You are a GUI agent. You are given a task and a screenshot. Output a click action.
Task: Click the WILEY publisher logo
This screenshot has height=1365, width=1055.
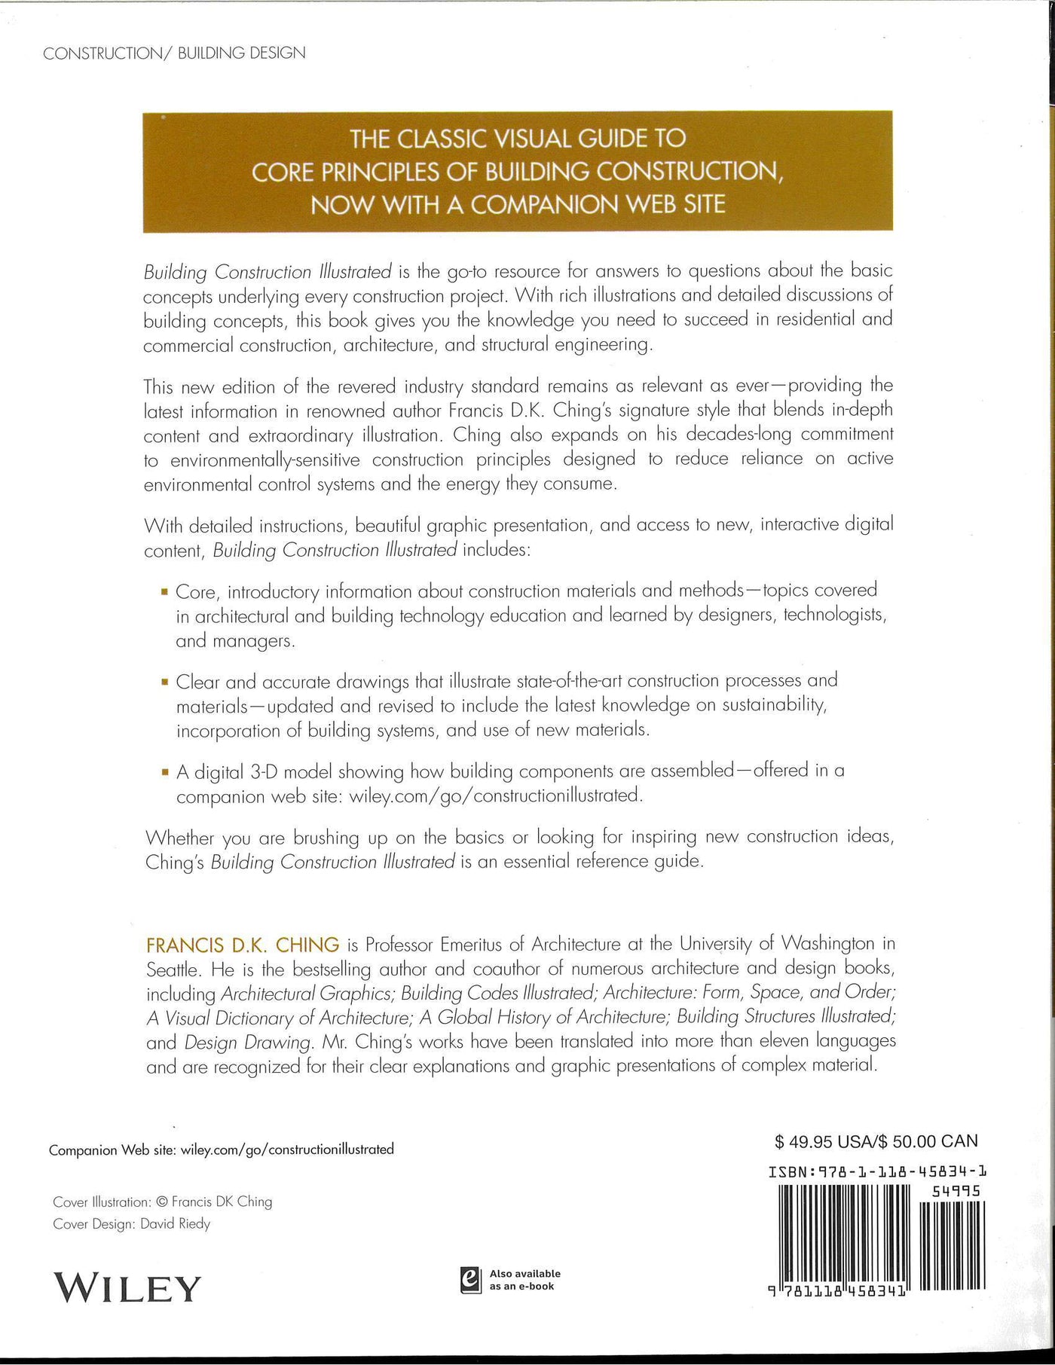tap(127, 1287)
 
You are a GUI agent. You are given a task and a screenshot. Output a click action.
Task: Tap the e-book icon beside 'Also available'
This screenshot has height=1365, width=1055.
tap(471, 1280)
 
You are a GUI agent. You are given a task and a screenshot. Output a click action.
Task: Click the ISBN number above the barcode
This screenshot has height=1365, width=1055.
tap(878, 1171)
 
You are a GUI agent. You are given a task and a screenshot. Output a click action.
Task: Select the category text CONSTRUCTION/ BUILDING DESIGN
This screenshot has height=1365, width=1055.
tap(174, 53)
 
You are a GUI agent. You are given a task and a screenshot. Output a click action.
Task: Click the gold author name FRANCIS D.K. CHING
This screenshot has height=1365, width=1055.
tap(243, 945)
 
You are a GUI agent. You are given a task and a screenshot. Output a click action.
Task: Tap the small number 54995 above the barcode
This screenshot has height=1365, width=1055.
tap(956, 1191)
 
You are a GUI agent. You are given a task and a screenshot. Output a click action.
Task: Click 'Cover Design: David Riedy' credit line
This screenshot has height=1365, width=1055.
tap(132, 1223)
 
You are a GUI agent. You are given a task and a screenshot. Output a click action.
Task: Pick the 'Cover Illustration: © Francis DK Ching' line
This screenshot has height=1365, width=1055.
tap(163, 1202)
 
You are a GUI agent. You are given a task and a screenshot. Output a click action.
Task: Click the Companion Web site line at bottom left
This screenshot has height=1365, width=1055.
tap(222, 1150)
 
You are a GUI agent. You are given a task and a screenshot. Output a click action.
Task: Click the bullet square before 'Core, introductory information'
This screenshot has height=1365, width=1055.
tap(164, 592)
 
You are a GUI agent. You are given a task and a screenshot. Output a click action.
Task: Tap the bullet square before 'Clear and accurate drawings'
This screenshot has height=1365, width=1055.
tap(164, 682)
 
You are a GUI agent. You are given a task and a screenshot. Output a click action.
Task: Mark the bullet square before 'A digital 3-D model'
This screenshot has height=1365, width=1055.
tap(164, 772)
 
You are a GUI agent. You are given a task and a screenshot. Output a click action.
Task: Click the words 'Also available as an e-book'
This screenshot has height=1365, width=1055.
tap(524, 1280)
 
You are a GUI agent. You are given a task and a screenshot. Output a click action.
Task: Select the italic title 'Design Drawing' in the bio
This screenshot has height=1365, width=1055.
tap(248, 1043)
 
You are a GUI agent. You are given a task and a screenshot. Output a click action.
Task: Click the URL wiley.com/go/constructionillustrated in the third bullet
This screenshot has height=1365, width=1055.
tap(495, 795)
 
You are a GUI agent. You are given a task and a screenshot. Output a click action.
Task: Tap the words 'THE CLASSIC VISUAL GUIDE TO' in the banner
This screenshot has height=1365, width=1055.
tap(518, 139)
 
